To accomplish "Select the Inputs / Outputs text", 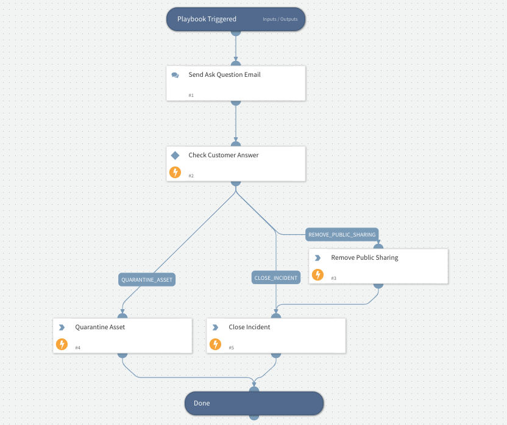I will tap(280, 20).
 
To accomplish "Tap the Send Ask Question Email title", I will tap(224, 75).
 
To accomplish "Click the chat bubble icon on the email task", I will tap(175, 76).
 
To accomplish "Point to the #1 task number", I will tap(191, 95).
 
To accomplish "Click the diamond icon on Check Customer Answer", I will tap(175, 155).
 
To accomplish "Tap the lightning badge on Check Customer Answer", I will tap(175, 172).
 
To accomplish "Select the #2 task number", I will tap(191, 176).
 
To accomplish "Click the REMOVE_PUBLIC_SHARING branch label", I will tap(342, 234).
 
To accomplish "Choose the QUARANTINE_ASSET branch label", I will tap(147, 280).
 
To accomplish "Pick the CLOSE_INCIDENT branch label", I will tap(275, 277).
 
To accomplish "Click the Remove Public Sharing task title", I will tap(364, 258).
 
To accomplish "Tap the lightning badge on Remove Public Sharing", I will tap(317, 274).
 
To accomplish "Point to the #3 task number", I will tap(333, 278).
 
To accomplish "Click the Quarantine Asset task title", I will tap(100, 327).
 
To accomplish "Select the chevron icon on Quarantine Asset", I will tap(62, 327).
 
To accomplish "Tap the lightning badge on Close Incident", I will tap(215, 344).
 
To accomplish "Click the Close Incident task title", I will tap(249, 327).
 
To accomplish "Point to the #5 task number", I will tap(231, 348).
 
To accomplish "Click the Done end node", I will tap(254, 403).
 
